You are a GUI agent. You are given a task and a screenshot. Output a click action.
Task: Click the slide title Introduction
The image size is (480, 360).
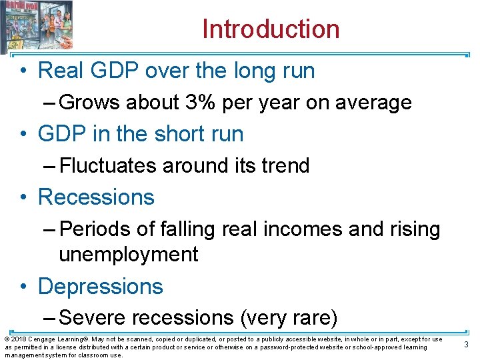[x=271, y=29]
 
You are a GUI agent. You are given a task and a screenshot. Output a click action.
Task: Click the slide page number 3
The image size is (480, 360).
[x=466, y=344]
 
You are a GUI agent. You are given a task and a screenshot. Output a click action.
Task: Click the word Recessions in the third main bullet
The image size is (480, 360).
[x=96, y=197]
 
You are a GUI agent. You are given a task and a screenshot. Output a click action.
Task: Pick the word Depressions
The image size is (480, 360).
[x=101, y=287]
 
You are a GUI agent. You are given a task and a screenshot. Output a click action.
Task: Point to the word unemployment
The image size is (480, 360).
[x=129, y=255]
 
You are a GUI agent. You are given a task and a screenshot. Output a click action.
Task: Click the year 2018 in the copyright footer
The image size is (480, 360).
[x=19, y=339]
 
